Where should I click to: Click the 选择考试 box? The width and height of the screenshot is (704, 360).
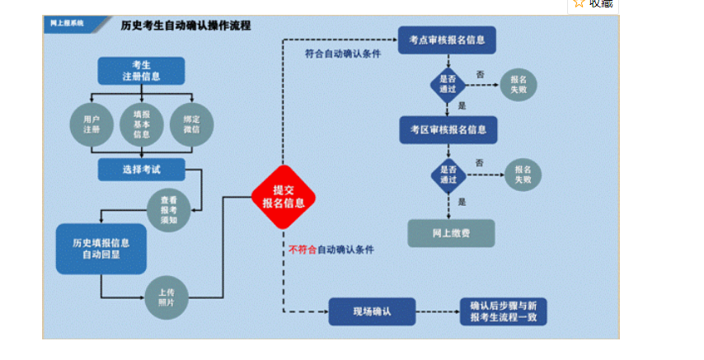pyautogui.click(x=141, y=170)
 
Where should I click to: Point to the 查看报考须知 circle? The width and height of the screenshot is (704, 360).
pyautogui.click(x=168, y=210)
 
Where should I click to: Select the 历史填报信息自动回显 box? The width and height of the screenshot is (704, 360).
pyautogui.click(x=101, y=248)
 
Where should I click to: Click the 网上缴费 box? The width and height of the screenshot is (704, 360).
pyautogui.click(x=451, y=233)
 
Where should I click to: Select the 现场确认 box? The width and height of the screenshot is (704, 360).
pyautogui.click(x=371, y=311)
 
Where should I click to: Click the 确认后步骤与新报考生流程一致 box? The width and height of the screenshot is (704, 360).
pyautogui.click(x=502, y=311)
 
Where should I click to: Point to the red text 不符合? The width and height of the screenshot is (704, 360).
pyautogui.click(x=302, y=249)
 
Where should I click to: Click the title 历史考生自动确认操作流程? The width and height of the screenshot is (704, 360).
pyautogui.click(x=185, y=26)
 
